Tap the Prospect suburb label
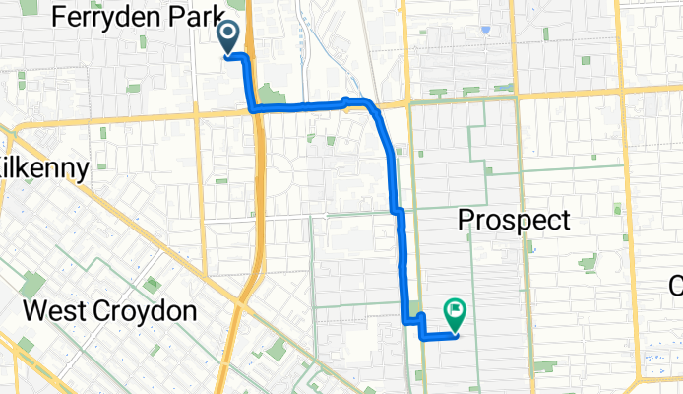coord(514,220)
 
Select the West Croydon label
coord(110,312)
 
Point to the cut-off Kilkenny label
coord(44,166)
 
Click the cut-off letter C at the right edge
coord(676,286)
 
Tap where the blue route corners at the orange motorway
coord(253,107)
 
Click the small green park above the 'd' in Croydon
coord(152,284)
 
